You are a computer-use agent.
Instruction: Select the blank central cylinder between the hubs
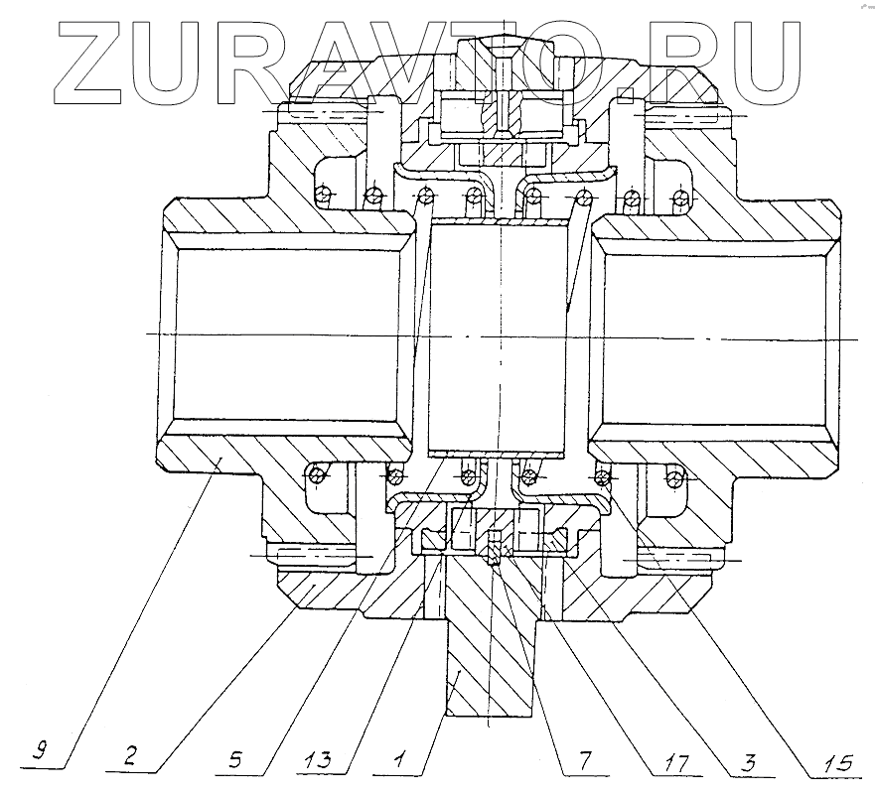(493, 337)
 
